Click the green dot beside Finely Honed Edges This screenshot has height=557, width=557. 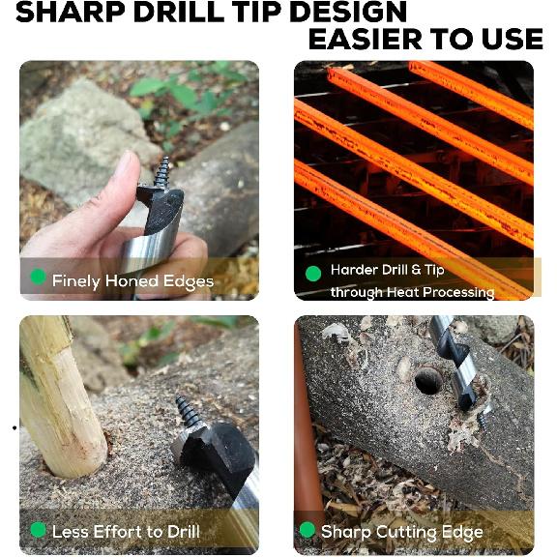click(x=38, y=278)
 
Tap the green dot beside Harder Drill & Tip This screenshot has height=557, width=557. click(x=312, y=274)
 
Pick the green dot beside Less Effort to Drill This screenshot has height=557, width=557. click(x=38, y=530)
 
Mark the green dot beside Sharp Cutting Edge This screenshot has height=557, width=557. click(x=307, y=530)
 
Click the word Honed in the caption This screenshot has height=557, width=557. click(x=131, y=281)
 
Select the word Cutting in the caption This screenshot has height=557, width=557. click(x=403, y=531)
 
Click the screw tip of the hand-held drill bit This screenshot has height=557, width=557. click(x=162, y=172)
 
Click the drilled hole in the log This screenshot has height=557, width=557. click(x=428, y=380)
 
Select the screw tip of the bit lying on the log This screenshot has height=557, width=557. click(x=184, y=411)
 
